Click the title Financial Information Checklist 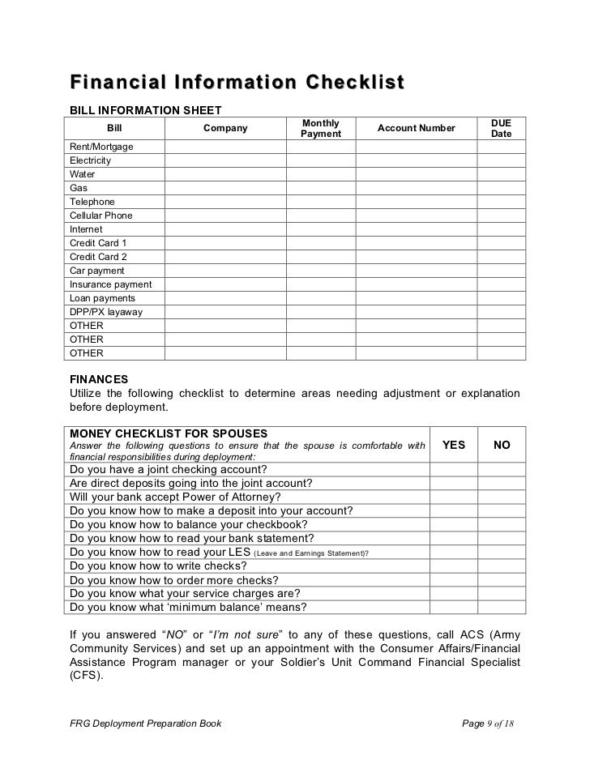click(236, 84)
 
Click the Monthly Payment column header click(320, 128)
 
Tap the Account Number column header click(416, 128)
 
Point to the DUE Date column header click(501, 128)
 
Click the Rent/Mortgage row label click(102, 147)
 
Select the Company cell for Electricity click(225, 160)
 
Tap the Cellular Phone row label click(101, 216)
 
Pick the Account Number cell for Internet click(416, 229)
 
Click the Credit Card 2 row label click(98, 257)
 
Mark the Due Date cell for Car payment click(501, 271)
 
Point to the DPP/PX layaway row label click(105, 312)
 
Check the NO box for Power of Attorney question click(502, 497)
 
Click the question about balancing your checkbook click(191, 524)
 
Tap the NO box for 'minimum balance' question click(502, 607)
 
